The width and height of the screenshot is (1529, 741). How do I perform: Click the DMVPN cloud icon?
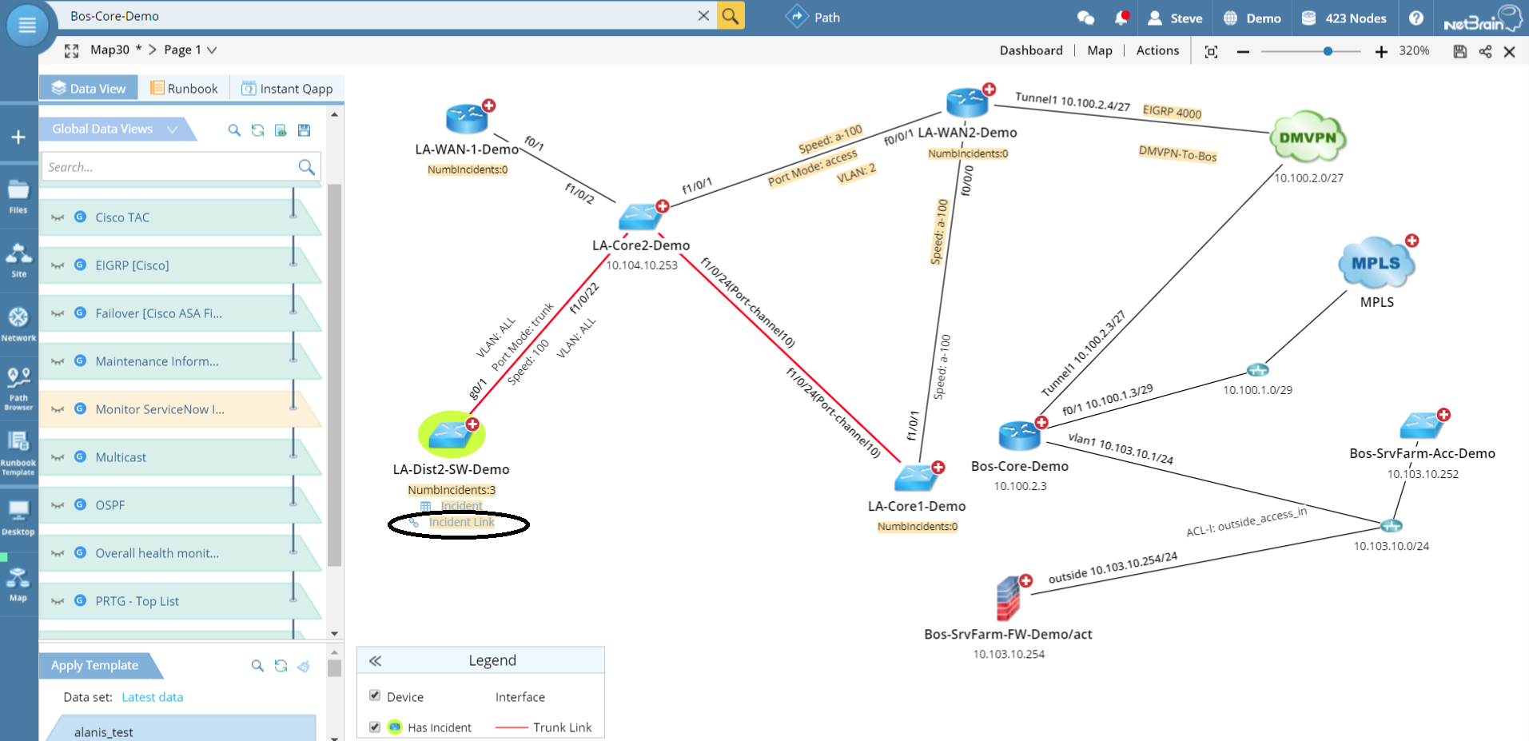pyautogui.click(x=1308, y=137)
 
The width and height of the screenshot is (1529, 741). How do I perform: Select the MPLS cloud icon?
pyautogui.click(x=1376, y=263)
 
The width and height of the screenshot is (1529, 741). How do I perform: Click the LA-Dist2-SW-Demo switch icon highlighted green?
pyautogui.click(x=451, y=434)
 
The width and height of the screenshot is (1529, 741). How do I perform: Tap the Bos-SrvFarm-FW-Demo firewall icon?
pyautogui.click(x=1009, y=599)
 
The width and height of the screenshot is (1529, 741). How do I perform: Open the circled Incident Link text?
pyautogui.click(x=461, y=523)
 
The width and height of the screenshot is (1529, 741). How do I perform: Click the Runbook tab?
pyautogui.click(x=185, y=89)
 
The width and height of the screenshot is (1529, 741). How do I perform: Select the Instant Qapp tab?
pyautogui.click(x=288, y=89)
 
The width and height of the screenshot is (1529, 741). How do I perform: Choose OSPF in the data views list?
pyautogui.click(x=110, y=505)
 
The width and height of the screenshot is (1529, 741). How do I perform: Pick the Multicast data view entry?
pyautogui.click(x=121, y=457)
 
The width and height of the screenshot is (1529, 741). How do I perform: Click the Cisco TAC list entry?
pyautogui.click(x=122, y=217)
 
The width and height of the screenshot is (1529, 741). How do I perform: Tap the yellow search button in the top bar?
pyautogui.click(x=731, y=16)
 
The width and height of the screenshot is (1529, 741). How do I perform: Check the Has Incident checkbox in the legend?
pyautogui.click(x=375, y=727)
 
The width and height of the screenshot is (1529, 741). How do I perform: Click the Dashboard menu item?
pyautogui.click(x=1031, y=50)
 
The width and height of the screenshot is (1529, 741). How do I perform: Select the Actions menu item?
pyautogui.click(x=1157, y=50)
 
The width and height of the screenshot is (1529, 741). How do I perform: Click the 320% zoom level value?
pyautogui.click(x=1414, y=50)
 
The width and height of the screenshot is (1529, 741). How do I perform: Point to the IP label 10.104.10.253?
pyautogui.click(x=642, y=265)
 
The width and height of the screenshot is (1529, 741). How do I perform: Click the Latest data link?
pyautogui.click(x=153, y=697)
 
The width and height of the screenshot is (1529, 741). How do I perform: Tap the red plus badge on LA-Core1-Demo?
pyautogui.click(x=938, y=468)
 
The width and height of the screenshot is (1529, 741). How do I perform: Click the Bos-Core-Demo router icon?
pyautogui.click(x=1019, y=436)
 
